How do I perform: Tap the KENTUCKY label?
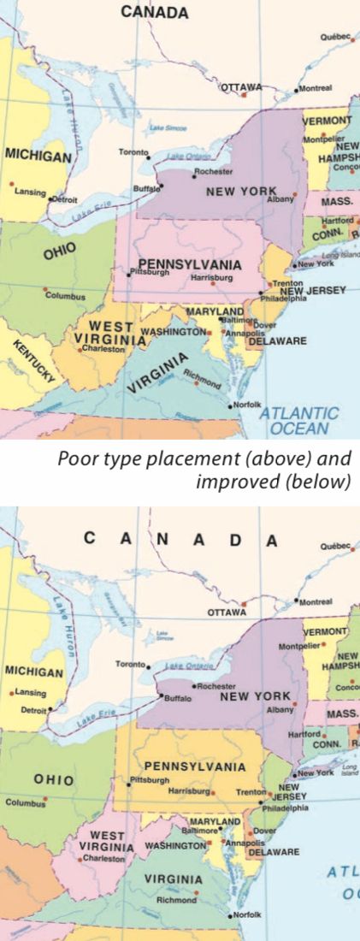[x=34, y=360]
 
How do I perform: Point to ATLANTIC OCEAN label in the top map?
[x=298, y=420]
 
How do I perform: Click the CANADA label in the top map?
[x=154, y=12]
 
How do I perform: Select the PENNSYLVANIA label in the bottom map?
[x=194, y=766]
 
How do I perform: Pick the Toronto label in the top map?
[x=133, y=152]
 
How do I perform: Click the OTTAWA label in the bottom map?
[x=227, y=612]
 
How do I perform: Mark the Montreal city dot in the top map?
[x=297, y=89]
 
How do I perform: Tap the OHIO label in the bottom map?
[x=53, y=780]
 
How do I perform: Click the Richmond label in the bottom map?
[x=175, y=899]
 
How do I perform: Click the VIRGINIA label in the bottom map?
[x=173, y=879]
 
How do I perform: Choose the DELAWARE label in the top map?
[x=277, y=340]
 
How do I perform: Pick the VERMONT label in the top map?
[x=327, y=121]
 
